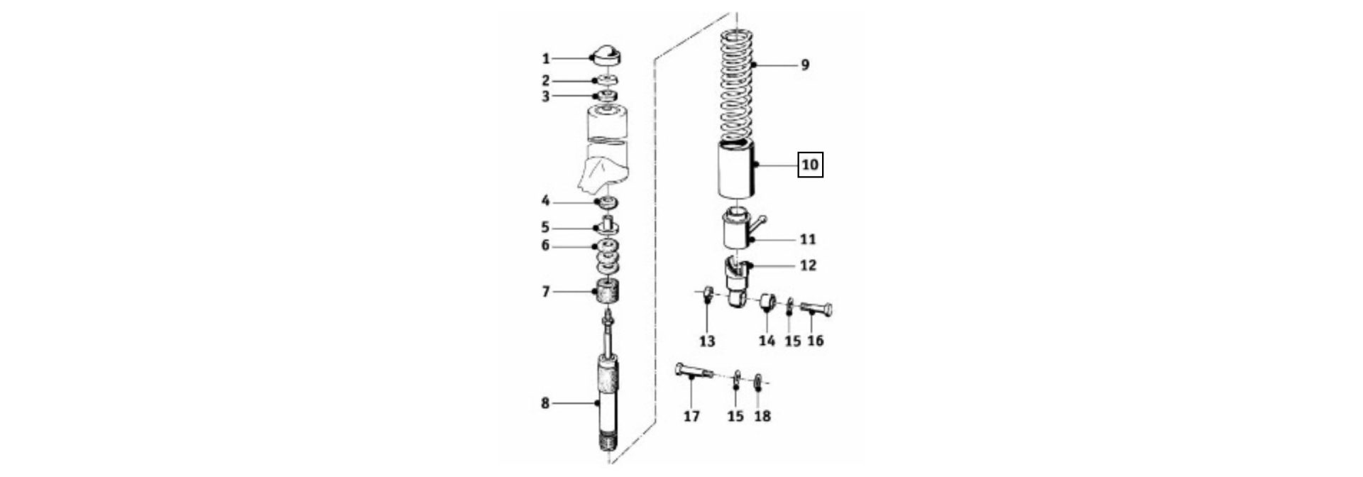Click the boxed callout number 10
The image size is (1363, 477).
pos(810,165)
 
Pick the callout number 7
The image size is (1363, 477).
pos(545,291)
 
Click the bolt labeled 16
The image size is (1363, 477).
pos(817,309)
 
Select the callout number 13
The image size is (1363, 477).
pos(707,341)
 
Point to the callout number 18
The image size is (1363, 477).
pos(762,416)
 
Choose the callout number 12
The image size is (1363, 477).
pos(808,265)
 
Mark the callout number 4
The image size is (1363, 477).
pos(545,202)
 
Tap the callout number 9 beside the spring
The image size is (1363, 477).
pos(804,65)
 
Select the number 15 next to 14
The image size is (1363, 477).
pos(792,341)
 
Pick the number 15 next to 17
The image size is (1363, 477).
pos(735,416)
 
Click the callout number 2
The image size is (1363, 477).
pos(545,81)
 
